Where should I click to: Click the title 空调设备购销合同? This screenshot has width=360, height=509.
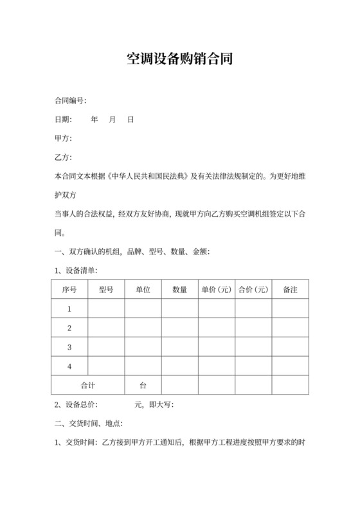click(179, 60)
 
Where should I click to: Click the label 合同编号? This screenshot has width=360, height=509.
click(69, 101)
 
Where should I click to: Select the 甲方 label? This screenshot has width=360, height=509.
click(63, 139)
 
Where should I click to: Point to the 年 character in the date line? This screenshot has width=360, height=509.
click(94, 120)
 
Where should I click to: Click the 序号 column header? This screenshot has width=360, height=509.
click(69, 290)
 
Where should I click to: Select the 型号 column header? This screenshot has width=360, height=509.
click(106, 290)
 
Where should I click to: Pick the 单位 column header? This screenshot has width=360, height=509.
click(143, 290)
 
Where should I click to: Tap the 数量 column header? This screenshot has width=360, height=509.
click(180, 290)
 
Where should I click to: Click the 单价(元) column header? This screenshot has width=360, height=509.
click(217, 290)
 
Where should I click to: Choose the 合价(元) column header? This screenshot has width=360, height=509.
click(253, 290)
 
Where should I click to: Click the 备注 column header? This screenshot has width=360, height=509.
click(290, 290)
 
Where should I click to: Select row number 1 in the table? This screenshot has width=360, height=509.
click(69, 310)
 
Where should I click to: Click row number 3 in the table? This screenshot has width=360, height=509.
click(69, 348)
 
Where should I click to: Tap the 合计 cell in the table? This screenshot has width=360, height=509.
click(88, 386)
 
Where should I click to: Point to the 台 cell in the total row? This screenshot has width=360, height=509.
click(143, 386)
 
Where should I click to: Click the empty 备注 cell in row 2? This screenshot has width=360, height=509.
click(290, 328)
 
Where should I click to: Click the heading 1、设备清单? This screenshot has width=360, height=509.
click(76, 271)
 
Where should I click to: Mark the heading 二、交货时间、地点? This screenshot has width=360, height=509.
click(85, 424)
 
